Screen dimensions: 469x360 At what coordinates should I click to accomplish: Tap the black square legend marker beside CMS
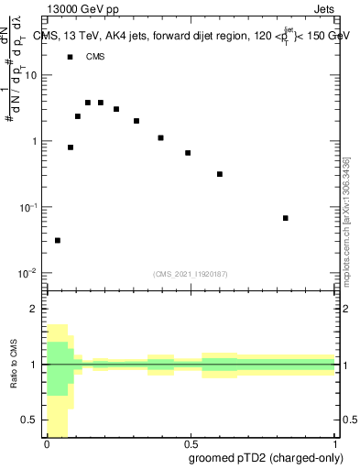pyautogui.click(x=71, y=57)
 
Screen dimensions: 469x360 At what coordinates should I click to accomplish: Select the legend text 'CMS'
pyautogui.click(x=95, y=57)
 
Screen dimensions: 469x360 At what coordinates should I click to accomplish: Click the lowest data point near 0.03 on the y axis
pyautogui.click(x=58, y=240)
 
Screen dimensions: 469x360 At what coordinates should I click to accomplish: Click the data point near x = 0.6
pyautogui.click(x=220, y=174)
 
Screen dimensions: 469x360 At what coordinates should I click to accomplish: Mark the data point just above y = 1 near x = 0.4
pyautogui.click(x=160, y=137)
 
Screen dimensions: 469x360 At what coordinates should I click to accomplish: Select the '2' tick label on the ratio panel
pyautogui.click(x=34, y=309)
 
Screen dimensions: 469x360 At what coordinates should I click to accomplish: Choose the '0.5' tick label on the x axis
pyautogui.click(x=191, y=442)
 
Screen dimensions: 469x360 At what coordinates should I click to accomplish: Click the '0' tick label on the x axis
pyautogui.click(x=47, y=442)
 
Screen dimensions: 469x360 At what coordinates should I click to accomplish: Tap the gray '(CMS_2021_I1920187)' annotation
pyautogui.click(x=191, y=273)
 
